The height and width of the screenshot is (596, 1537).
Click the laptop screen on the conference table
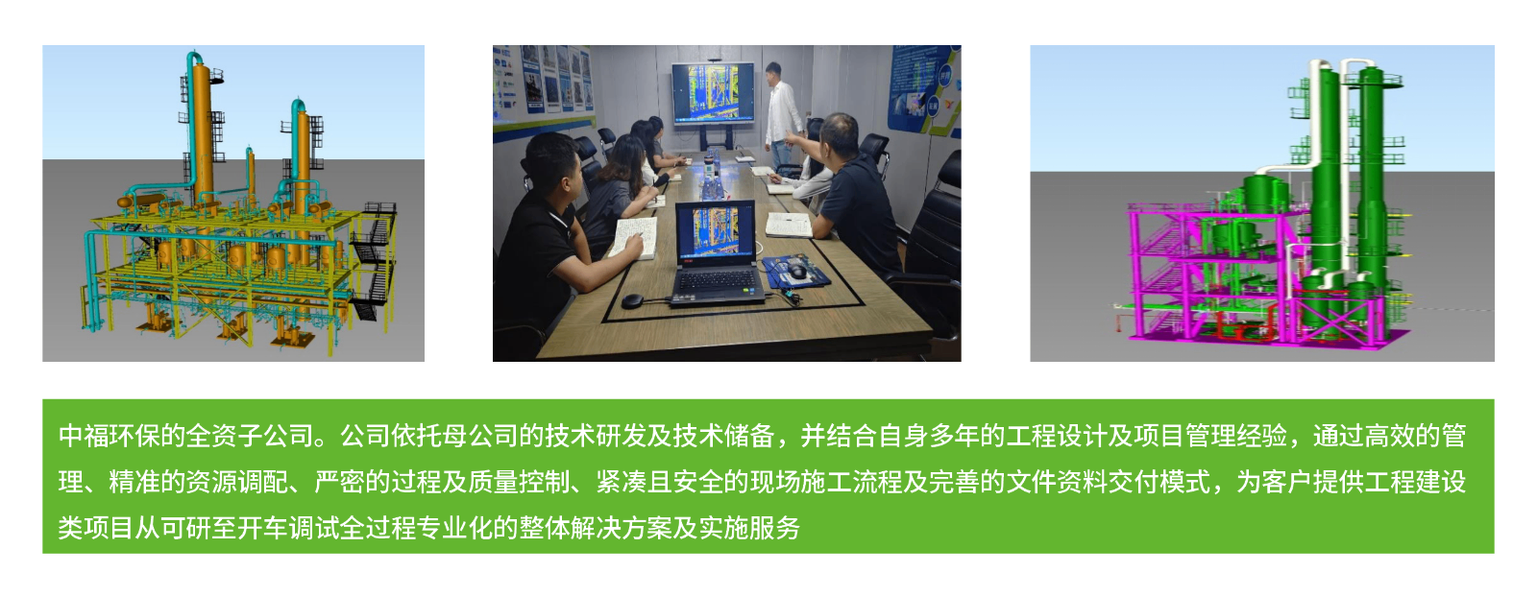pyautogui.click(x=716, y=233)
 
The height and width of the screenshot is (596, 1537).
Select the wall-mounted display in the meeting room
pyautogui.click(x=713, y=94)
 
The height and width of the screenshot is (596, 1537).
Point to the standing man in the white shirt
pyautogui.click(x=783, y=114)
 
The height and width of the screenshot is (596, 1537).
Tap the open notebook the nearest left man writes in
pyautogui.click(x=635, y=238)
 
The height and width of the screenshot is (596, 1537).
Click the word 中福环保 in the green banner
pyautogui.click(x=109, y=436)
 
